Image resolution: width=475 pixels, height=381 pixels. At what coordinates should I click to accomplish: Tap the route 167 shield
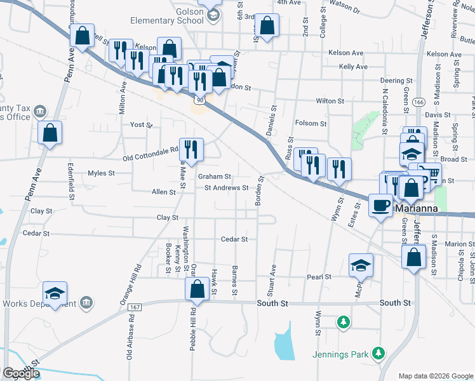[134, 307]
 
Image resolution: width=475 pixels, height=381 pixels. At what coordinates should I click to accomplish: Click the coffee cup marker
[380, 206]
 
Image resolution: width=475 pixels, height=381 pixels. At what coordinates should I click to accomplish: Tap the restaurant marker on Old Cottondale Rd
[191, 149]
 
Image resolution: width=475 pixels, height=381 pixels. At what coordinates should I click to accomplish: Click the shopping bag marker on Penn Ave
[50, 133]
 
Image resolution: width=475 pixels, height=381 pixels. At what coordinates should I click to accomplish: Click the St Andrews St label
[226, 188]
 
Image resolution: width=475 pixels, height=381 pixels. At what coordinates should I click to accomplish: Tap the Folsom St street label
[311, 124]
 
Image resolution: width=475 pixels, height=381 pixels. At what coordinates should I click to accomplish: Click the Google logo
[21, 373]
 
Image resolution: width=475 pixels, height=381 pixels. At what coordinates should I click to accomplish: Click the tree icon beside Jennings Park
[378, 352]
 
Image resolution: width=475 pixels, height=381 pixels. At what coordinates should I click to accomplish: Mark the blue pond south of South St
[283, 346]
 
